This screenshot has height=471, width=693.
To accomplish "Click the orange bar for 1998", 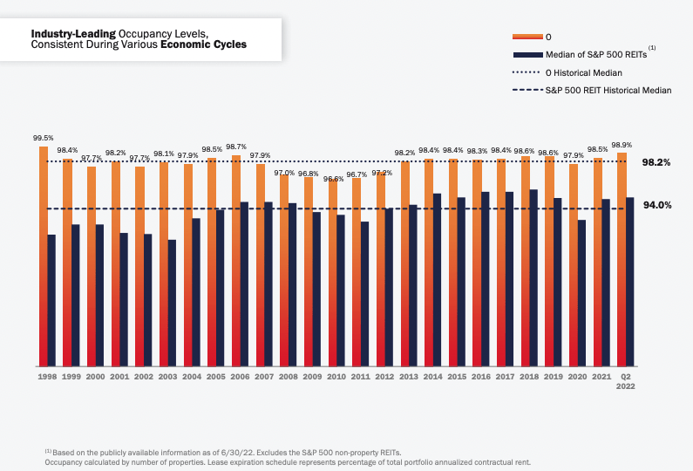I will (x=44, y=256).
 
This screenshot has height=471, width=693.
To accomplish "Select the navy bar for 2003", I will (x=173, y=303).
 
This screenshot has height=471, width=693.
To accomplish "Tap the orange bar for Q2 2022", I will (x=622, y=259).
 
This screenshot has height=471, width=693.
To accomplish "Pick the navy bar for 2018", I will (x=533, y=277).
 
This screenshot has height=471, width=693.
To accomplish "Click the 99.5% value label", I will (x=44, y=138).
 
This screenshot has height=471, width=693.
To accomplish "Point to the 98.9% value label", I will (x=622, y=145).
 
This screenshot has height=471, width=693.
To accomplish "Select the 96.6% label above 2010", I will (x=334, y=179).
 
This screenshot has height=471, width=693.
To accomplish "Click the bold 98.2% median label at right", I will (x=656, y=162).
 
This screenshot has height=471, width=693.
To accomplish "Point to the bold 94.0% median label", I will (x=656, y=205).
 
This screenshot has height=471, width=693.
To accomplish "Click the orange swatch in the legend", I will (x=527, y=36).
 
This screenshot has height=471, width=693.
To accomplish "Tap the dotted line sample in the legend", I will (x=527, y=72).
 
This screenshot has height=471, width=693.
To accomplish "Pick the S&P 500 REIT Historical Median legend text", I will (x=608, y=91).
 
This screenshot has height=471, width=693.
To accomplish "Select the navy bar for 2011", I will (x=365, y=294).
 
